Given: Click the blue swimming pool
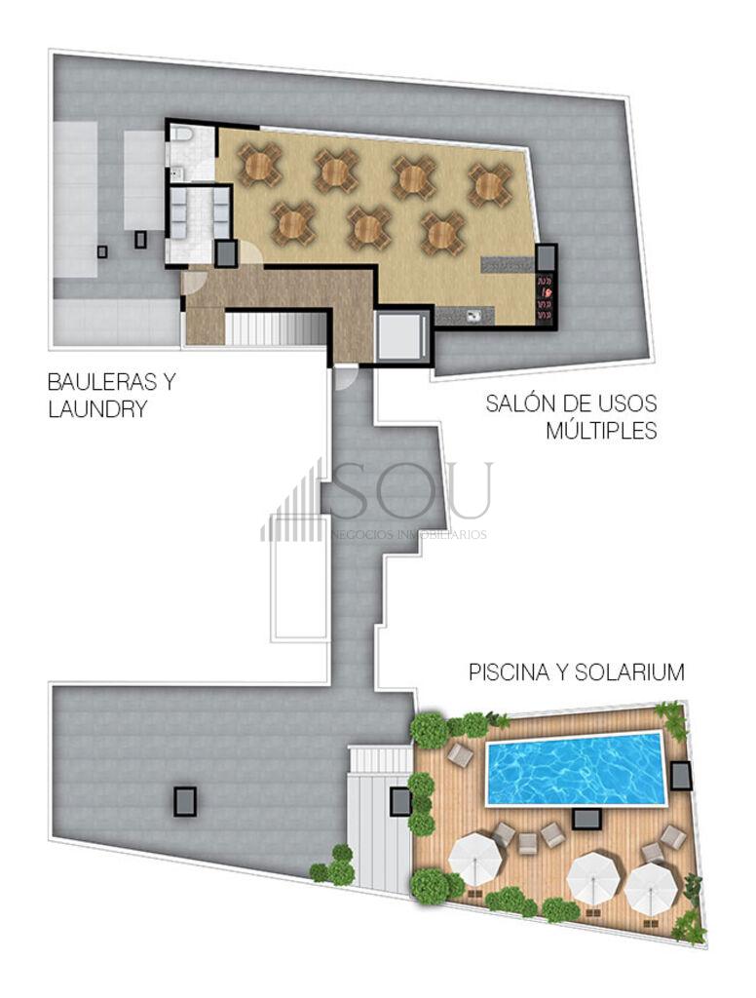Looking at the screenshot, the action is [575, 769].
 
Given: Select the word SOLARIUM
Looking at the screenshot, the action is [629, 672].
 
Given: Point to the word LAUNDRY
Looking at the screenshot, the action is [97, 408].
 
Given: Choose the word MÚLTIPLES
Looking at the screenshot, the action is [601, 430].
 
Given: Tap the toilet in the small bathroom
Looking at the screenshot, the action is [182, 134].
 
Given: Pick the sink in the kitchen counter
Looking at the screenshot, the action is [472, 316].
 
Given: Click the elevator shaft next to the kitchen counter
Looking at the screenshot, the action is [400, 335].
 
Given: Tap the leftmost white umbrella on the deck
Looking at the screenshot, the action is [476, 858].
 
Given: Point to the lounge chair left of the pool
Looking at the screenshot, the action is [460, 755].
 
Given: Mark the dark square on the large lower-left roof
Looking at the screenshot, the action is [185, 801].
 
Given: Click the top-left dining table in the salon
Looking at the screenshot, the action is [260, 165].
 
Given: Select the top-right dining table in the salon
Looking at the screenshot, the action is [490, 185].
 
